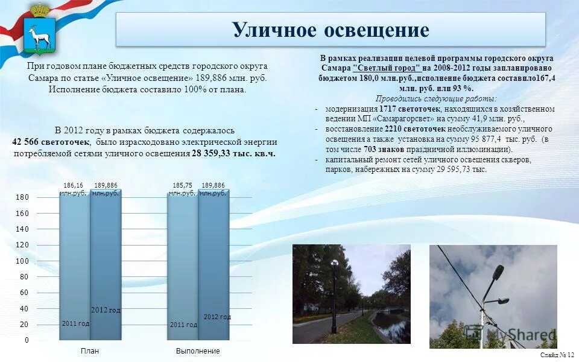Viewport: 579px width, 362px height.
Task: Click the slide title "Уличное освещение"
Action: click(x=330, y=30)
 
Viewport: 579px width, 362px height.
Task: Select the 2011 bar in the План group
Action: click(x=75, y=265)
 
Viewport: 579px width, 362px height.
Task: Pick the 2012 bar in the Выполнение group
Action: click(x=214, y=265)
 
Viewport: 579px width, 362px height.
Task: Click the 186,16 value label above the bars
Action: click(x=74, y=186)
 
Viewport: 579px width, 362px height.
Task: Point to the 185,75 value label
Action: click(x=182, y=186)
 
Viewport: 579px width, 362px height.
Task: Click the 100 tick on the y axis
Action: click(x=22, y=261)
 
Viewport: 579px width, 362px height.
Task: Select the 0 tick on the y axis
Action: click(x=26, y=340)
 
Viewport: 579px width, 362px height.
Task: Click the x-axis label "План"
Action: click(x=90, y=351)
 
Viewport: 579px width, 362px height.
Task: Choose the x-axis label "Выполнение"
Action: click(x=198, y=351)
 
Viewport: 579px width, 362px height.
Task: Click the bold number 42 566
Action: click(x=30, y=142)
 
